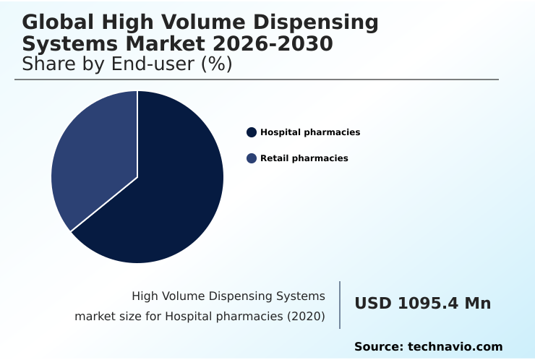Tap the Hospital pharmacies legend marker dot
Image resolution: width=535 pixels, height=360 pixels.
252,132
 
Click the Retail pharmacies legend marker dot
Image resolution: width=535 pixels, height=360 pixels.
252,158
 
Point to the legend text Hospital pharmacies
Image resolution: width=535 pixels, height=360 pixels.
310,132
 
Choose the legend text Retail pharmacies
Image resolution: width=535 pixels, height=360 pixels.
304,158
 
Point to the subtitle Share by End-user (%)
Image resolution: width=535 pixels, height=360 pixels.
127,64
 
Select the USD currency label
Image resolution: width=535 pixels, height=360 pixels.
372,304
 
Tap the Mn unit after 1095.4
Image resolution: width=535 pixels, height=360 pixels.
477,304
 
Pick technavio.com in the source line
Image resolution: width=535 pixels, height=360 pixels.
455,347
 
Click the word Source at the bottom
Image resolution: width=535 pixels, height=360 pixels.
377,347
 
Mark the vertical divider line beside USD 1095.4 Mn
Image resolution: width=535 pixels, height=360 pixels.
340,305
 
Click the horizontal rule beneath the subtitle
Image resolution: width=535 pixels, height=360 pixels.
257,80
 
